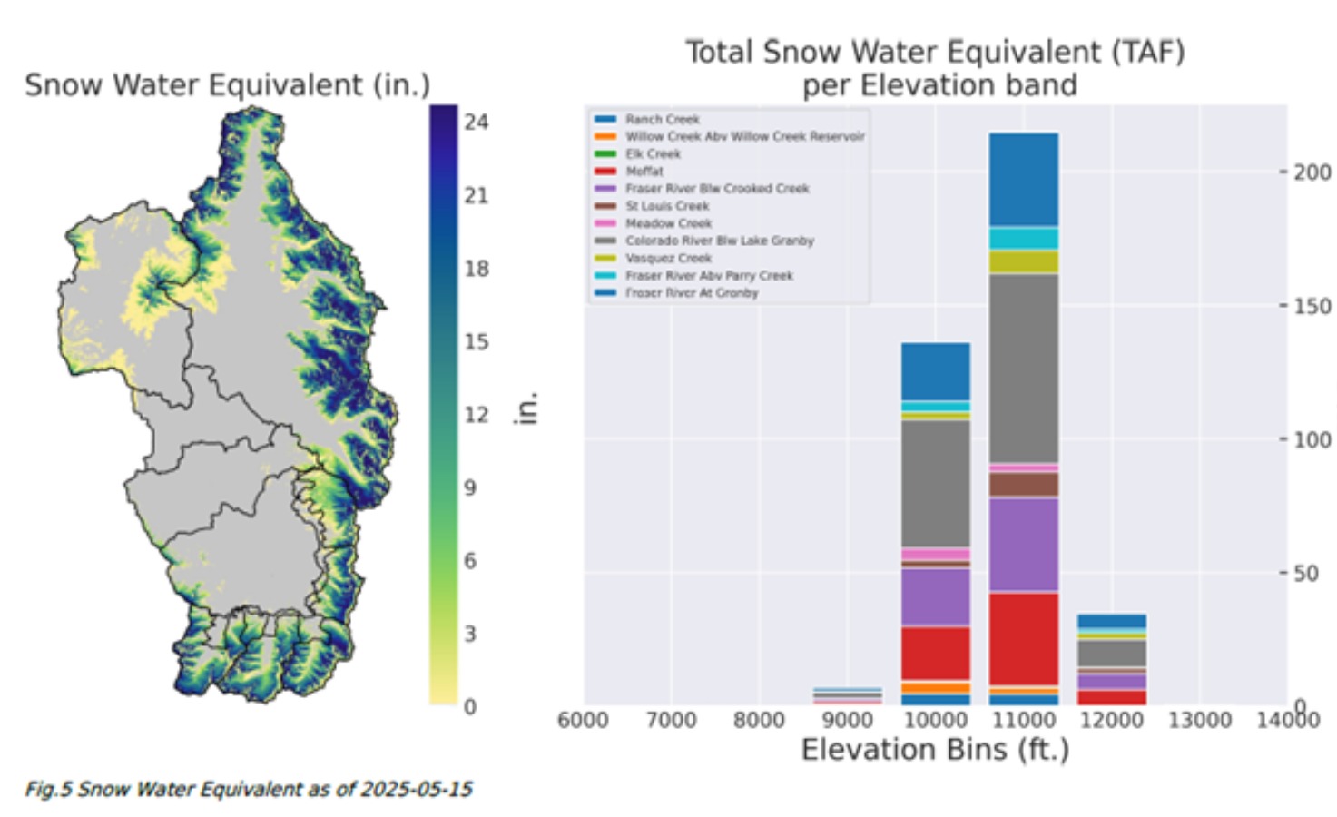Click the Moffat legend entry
[x=644, y=171]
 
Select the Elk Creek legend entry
[x=652, y=153]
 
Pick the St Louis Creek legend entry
[x=666, y=206]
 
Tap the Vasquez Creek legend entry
[x=668, y=258]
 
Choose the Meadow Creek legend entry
[x=668, y=223]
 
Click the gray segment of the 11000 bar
[x=1023, y=368]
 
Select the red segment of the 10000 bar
[x=935, y=653]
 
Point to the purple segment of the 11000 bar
[x=1023, y=544]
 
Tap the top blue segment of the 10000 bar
[x=935, y=370]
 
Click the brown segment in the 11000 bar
[x=1023, y=484]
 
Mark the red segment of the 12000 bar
[x=1111, y=697]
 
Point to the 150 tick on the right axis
[x=1312, y=306]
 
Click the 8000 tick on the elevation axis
[x=759, y=720]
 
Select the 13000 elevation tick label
[x=1199, y=720]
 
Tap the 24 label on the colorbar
[x=476, y=122]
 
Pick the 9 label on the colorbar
[x=469, y=487]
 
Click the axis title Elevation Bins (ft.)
[x=935, y=750]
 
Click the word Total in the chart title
[x=719, y=52]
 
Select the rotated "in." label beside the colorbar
[x=527, y=408]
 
